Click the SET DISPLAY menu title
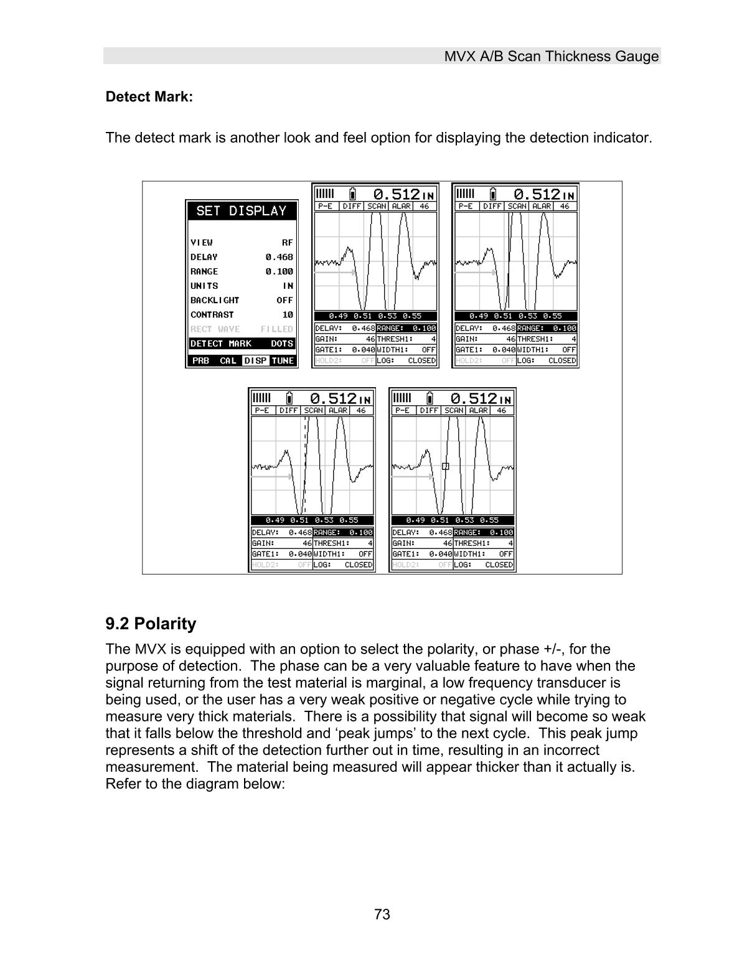[241, 211]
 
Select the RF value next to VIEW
[287, 243]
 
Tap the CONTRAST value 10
[287, 315]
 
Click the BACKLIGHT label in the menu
[215, 301]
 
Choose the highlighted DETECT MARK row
[242, 344]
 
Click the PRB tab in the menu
[200, 361]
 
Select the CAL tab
[228, 361]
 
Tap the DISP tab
[255, 361]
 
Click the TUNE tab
[283, 361]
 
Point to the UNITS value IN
[288, 286]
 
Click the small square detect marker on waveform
[445, 466]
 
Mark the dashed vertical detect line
[305, 461]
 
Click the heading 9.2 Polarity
[151, 624]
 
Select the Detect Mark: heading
[149, 97]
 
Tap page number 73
[382, 914]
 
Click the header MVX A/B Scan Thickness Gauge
[551, 57]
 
